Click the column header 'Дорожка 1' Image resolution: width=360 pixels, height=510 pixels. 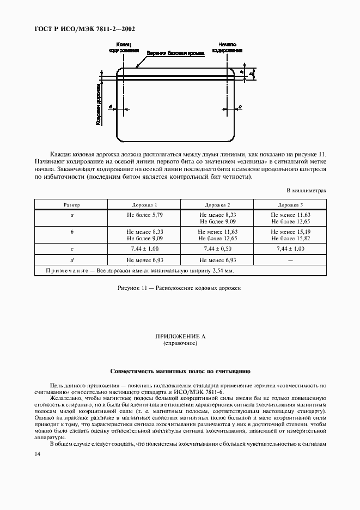[x=144, y=205]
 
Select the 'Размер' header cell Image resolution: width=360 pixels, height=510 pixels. [x=72, y=205]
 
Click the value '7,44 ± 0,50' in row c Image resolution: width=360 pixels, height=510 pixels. [x=217, y=248]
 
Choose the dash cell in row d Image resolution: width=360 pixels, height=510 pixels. [x=290, y=260]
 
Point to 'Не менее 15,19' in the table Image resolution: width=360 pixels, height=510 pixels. [x=290, y=232]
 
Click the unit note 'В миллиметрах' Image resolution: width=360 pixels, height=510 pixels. [x=307, y=191]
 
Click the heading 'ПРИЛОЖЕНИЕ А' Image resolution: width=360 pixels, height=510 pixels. [x=180, y=338]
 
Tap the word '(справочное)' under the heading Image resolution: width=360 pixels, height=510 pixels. [x=180, y=344]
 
